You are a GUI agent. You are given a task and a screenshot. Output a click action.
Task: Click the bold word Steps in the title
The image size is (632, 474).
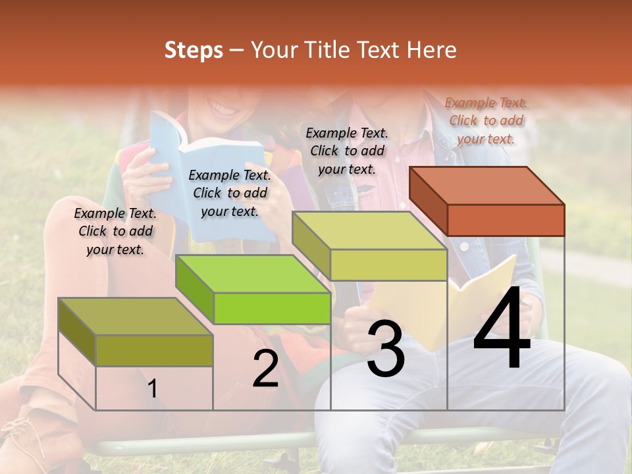pos(194,50)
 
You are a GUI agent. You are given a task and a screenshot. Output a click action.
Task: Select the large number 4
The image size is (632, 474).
pos(502,329)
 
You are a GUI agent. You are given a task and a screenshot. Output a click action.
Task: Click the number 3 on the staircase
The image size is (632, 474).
pos(386,350)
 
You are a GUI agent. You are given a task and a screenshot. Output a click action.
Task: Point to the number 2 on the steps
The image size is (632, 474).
pos(265,369)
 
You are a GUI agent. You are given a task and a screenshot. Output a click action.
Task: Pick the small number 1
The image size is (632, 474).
pos(153,389)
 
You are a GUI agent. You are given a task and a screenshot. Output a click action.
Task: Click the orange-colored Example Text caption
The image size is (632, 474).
pos(486,120)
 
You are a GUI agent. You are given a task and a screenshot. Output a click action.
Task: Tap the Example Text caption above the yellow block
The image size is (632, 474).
pos(347,151)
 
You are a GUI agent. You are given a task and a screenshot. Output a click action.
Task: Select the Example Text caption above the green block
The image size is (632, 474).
pos(230,193)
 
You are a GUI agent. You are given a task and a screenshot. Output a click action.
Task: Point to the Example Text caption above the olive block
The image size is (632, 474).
pos(115,231)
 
